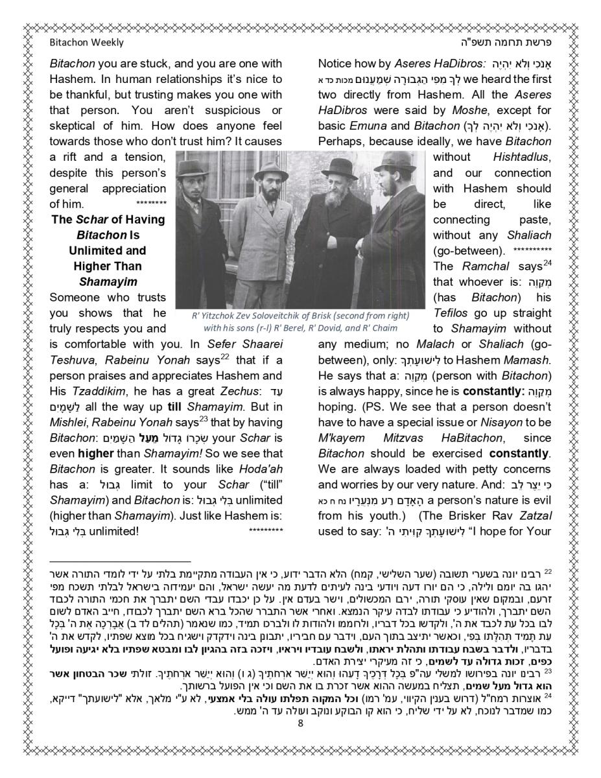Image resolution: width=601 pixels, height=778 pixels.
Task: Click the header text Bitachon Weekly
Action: pos(86,43)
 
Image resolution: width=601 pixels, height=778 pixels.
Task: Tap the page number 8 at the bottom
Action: pos(300,724)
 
